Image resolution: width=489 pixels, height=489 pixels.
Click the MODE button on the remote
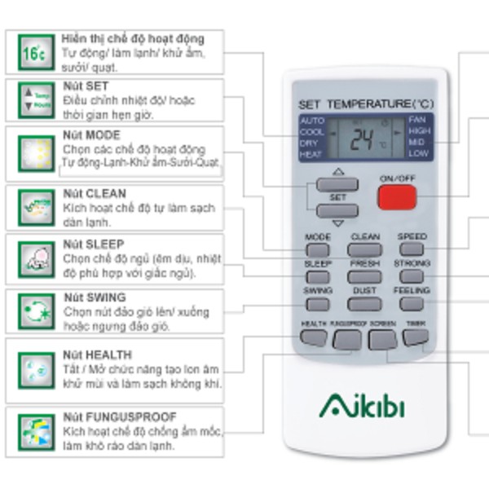318,249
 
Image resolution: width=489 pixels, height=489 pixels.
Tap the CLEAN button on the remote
364,249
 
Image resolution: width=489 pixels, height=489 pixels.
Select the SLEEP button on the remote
318,276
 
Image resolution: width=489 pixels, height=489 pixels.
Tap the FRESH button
364,276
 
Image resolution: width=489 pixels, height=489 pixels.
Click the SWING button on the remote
318,303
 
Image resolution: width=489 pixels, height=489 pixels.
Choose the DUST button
364,303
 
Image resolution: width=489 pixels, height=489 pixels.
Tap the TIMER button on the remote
416,335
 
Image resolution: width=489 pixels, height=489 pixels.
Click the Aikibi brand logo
362,405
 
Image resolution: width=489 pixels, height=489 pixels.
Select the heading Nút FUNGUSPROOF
119,416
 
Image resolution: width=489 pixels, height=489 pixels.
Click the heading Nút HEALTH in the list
94,355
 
